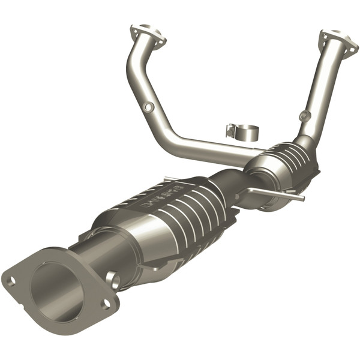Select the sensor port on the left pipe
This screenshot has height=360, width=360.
147,107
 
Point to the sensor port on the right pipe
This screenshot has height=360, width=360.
305,116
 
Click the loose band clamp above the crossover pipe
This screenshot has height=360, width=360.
243,130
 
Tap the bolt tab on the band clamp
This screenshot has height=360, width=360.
230,128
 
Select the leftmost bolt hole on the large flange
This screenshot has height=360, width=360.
10,280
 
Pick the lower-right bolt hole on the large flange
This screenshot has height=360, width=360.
106,304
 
